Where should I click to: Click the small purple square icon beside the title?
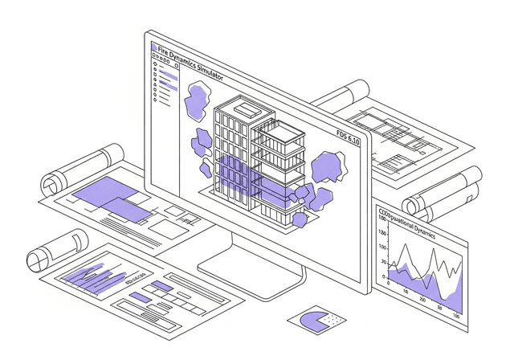(154, 48)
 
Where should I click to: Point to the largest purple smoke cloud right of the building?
(327, 168)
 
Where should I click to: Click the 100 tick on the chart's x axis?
(457, 316)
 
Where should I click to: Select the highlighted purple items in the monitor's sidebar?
(166, 80)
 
